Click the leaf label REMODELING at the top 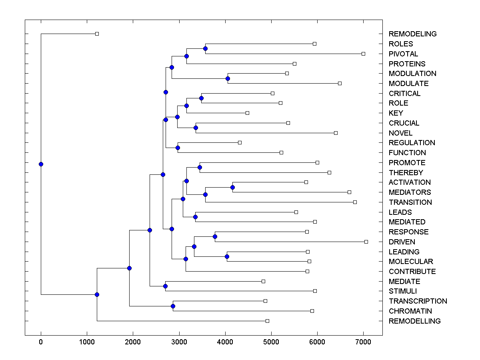pyautogui.click(x=412, y=34)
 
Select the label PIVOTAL pyautogui.click(x=403, y=54)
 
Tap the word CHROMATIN pyautogui.click(x=410, y=311)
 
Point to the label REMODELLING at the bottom pyautogui.click(x=414, y=321)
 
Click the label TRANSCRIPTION pyautogui.click(x=418, y=301)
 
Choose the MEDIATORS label pyautogui.click(x=410, y=192)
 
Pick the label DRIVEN pyautogui.click(x=402, y=242)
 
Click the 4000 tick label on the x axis pyautogui.click(x=225, y=342)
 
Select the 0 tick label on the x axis pyautogui.click(x=41, y=342)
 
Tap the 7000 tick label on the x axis pyautogui.click(x=363, y=342)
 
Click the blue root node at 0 pyautogui.click(x=41, y=164)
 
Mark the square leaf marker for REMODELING pyautogui.click(x=97, y=34)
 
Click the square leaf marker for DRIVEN pyautogui.click(x=366, y=242)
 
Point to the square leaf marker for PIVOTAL pyautogui.click(x=363, y=54)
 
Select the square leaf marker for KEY pyautogui.click(x=247, y=113)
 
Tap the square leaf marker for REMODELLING pyautogui.click(x=267, y=321)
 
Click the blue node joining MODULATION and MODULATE pyautogui.click(x=228, y=78)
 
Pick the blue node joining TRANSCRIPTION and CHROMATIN pyautogui.click(x=173, y=306)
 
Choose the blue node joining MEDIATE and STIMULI pyautogui.click(x=165, y=286)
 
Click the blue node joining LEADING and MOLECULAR pyautogui.click(x=227, y=256)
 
